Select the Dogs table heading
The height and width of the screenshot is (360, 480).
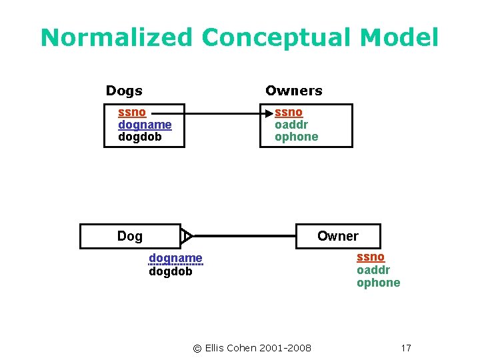point(124,91)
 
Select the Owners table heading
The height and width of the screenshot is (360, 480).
point(293,91)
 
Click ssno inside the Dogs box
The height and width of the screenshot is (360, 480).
point(132,112)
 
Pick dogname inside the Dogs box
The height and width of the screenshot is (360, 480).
point(145,125)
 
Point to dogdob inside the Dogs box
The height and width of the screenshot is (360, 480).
point(140,137)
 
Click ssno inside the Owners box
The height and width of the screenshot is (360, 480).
point(289,112)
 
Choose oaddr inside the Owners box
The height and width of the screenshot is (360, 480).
point(291,125)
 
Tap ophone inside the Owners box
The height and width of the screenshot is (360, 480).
point(297,137)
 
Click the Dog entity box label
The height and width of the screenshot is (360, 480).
point(129,236)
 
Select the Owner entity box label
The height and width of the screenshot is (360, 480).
point(337,236)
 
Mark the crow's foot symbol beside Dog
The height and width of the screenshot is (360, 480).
point(187,236)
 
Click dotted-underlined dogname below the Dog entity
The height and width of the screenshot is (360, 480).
point(175,258)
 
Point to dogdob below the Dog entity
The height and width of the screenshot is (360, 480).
point(170,271)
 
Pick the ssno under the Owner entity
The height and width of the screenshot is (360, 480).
point(370,257)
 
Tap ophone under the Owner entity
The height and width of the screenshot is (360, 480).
point(378,283)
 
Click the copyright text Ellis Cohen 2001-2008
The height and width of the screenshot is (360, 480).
point(251,348)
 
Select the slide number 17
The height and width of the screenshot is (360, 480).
point(406,348)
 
